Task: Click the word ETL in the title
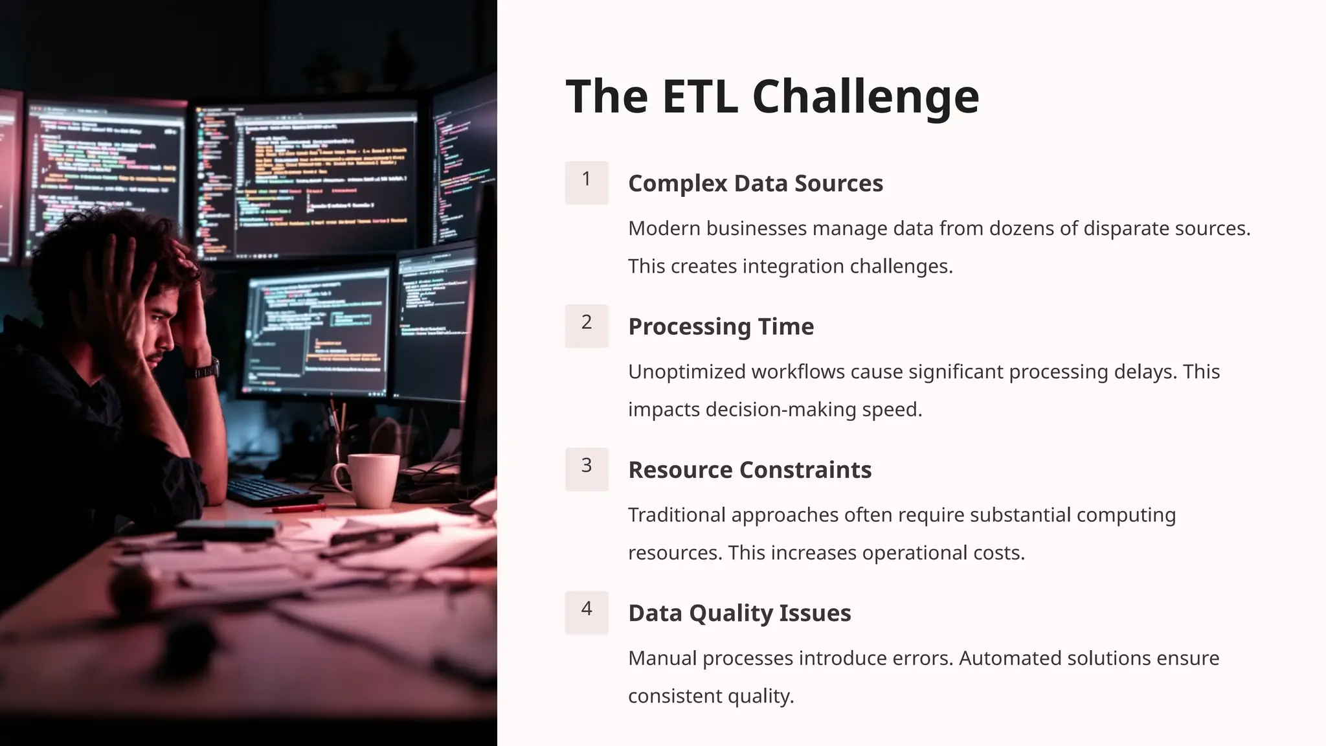[x=699, y=97]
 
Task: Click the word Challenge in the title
[x=866, y=97]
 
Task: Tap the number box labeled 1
[x=587, y=183]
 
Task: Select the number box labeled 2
[x=587, y=326]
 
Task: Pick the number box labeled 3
[x=587, y=469]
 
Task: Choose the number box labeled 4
[x=587, y=612]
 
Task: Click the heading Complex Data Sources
[x=755, y=183]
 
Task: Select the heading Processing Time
[x=721, y=326]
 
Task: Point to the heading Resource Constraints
[x=749, y=469]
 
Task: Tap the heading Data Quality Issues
[x=739, y=613]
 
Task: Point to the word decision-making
[x=781, y=410]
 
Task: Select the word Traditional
[x=677, y=515]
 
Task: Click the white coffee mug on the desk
[x=369, y=480]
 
